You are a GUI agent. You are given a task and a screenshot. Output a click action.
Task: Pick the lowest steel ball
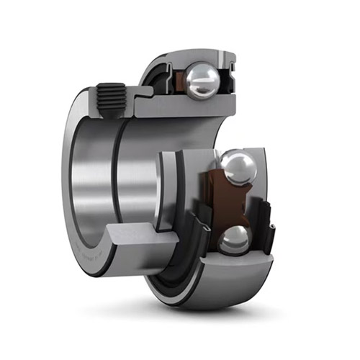(233, 240)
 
